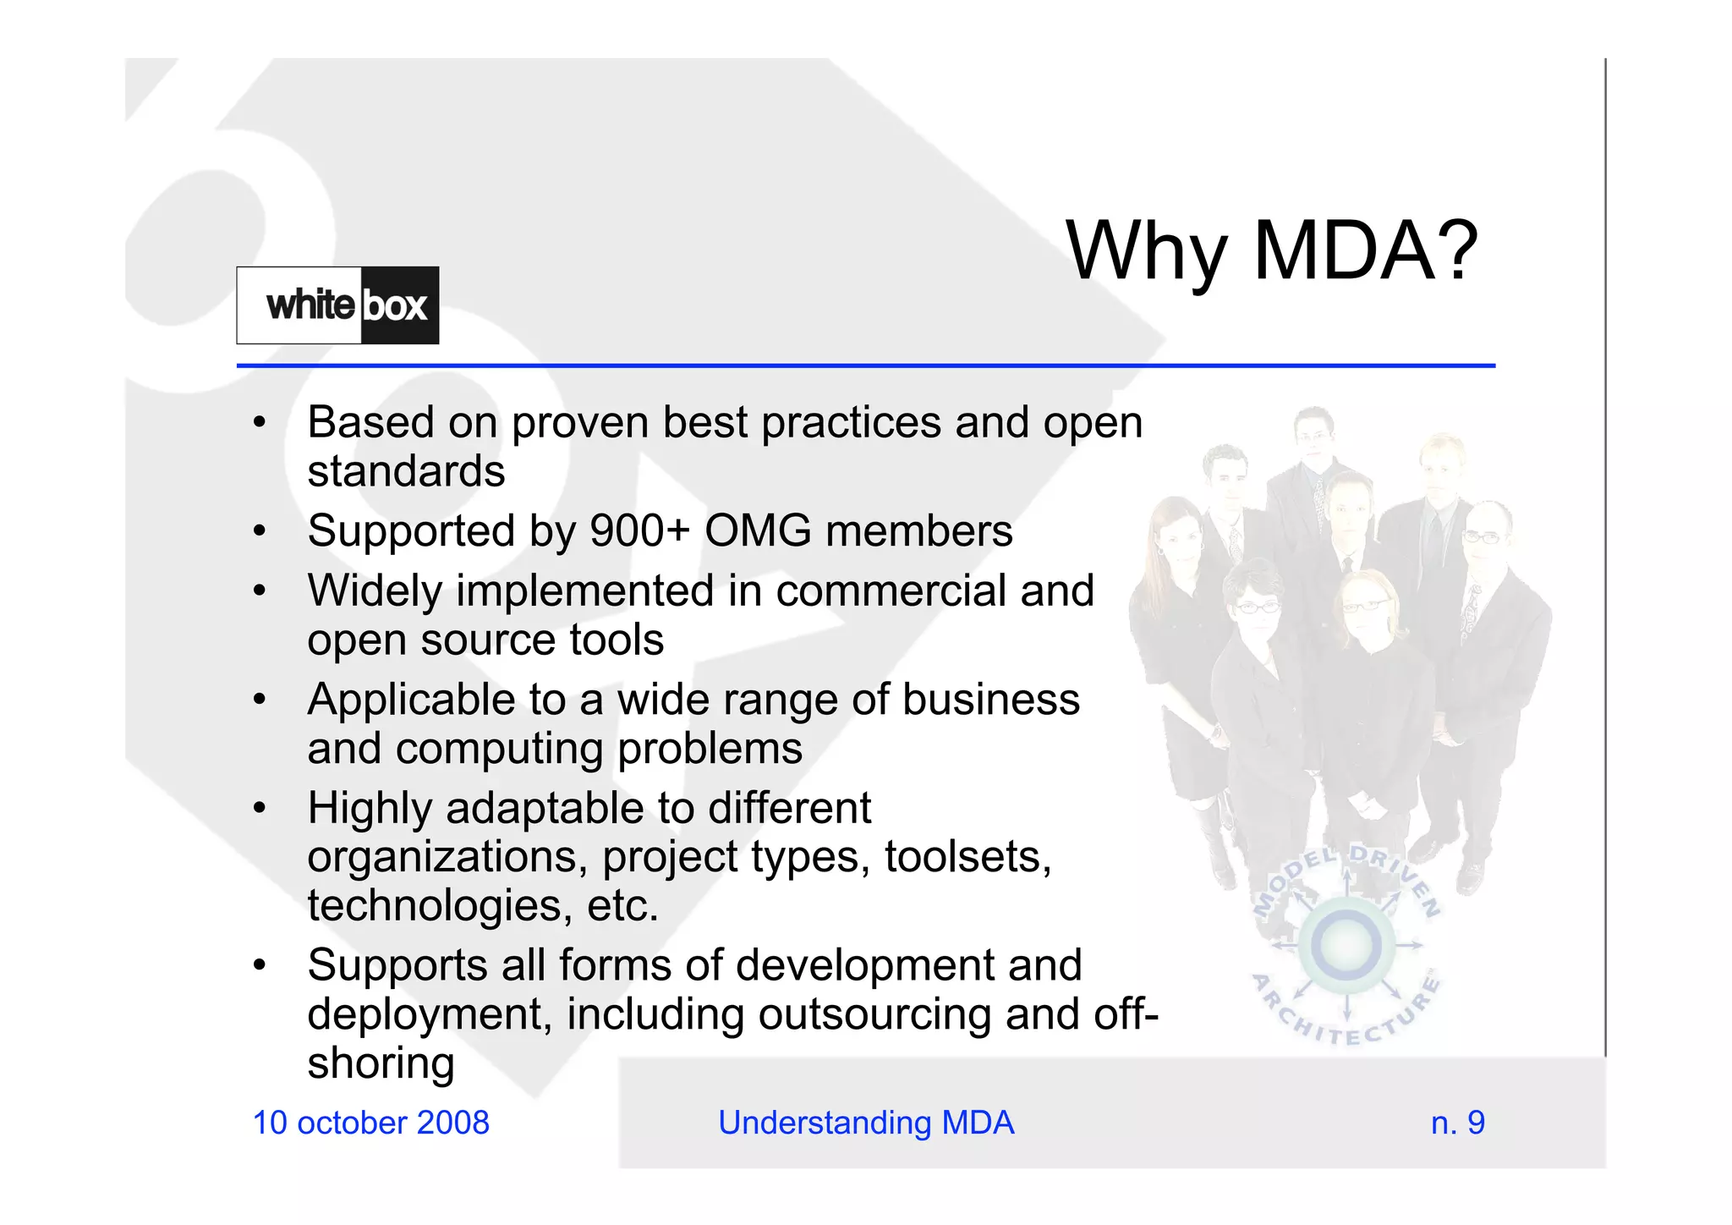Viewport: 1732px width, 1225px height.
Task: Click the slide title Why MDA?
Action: pyautogui.click(x=1271, y=250)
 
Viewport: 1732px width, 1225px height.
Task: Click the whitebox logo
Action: pyautogui.click(x=337, y=305)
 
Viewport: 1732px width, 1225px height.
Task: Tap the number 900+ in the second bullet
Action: pyautogui.click(x=639, y=531)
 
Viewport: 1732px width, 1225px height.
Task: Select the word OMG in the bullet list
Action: pyautogui.click(x=758, y=531)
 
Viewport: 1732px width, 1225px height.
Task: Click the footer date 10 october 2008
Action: pyautogui.click(x=370, y=1123)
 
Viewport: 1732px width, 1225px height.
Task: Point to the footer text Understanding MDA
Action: pyautogui.click(x=865, y=1123)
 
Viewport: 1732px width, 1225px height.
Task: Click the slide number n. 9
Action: pyautogui.click(x=1457, y=1123)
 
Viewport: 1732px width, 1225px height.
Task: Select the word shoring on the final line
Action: pyautogui.click(x=381, y=1063)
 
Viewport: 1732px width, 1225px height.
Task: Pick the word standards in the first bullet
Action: pyautogui.click(x=406, y=471)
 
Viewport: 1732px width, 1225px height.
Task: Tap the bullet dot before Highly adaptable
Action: pyautogui.click(x=260, y=808)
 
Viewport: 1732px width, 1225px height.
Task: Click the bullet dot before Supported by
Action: pyautogui.click(x=260, y=531)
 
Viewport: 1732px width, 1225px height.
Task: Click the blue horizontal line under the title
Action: pyautogui.click(x=865, y=365)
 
